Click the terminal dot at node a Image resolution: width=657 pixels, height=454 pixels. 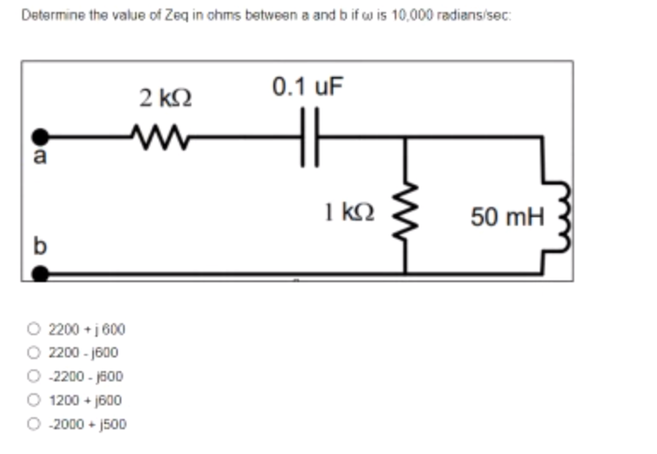coord(38,136)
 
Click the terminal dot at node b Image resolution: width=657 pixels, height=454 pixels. coord(38,273)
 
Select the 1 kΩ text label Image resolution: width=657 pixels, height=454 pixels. coord(346,209)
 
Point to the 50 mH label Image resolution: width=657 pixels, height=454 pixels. coord(507,217)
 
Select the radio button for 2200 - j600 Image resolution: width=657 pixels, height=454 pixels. coord(34,352)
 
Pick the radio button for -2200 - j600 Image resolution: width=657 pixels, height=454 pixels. coord(34,376)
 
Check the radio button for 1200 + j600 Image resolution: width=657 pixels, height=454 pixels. coord(34,399)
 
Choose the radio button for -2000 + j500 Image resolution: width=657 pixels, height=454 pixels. coord(34,422)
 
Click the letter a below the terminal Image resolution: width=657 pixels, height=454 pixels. coord(38,157)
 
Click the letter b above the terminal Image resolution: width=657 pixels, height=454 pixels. coord(38,249)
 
